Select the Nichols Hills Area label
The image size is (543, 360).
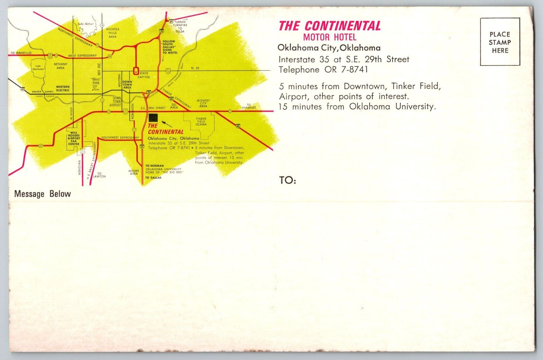[x=113, y=33]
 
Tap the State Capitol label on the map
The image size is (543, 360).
[x=144, y=75]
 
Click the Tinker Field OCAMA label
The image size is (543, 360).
[x=201, y=122]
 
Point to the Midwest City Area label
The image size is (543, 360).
[x=204, y=103]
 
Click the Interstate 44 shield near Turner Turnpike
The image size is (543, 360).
[x=167, y=21]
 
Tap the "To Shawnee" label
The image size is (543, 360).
[x=248, y=106]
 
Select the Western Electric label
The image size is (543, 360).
[x=63, y=89]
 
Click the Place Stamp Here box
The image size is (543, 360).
[x=500, y=42]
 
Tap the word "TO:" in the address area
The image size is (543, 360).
[x=288, y=181]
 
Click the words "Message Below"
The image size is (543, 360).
[x=42, y=194]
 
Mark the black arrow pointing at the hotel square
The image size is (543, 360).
[x=166, y=122]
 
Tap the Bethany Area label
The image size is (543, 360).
[x=60, y=66]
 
